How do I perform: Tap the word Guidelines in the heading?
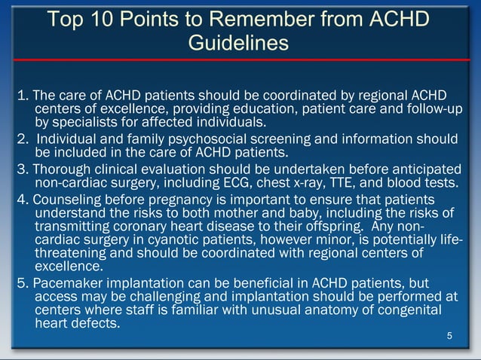[x=238, y=44]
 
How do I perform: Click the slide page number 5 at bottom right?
[x=450, y=336]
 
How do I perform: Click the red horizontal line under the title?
[x=240, y=59]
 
